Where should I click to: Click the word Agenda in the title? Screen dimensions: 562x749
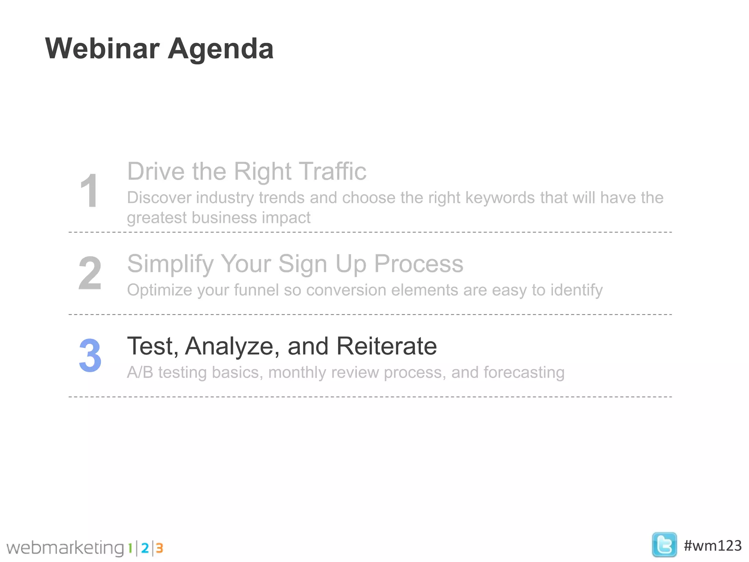[221, 49]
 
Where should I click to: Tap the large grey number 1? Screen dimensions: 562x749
[89, 191]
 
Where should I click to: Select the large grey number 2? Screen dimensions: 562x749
[90, 273]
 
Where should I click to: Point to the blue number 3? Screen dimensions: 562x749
[90, 355]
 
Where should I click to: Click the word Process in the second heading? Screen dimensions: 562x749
[418, 264]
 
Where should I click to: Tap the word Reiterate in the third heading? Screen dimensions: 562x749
[386, 346]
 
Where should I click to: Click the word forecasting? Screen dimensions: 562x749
[524, 373]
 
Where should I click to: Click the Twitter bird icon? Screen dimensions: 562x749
[664, 545]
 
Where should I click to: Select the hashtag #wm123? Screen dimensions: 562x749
[712, 546]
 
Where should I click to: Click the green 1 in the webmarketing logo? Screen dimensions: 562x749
[130, 548]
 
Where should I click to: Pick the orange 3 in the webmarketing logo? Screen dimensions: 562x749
[159, 548]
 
